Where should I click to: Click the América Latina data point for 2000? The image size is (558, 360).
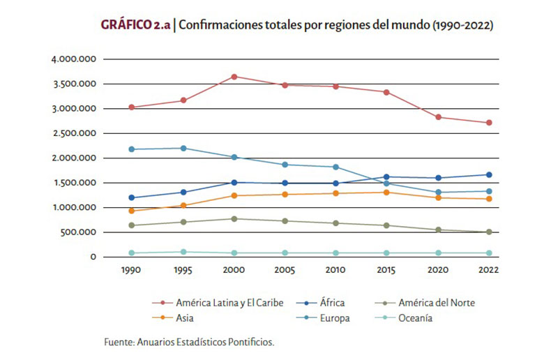tap(234, 77)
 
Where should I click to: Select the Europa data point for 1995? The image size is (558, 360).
tap(183, 148)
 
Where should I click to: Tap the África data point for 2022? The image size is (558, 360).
tap(489, 174)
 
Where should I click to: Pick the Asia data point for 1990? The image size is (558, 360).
tap(132, 211)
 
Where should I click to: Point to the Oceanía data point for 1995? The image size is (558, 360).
tap(183, 252)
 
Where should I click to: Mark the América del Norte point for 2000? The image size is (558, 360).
tap(234, 218)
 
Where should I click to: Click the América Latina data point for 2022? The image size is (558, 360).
tap(489, 123)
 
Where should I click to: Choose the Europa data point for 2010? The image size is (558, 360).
tap(336, 167)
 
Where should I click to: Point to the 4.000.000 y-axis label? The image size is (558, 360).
tap(73, 59)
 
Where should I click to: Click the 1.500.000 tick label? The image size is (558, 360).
tap(73, 183)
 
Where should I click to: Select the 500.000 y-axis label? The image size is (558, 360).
tap(78, 232)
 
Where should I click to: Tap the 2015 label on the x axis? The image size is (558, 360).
tap(387, 269)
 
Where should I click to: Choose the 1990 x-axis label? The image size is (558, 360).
tap(132, 269)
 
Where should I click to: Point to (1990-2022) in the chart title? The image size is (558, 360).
tap(463, 25)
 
